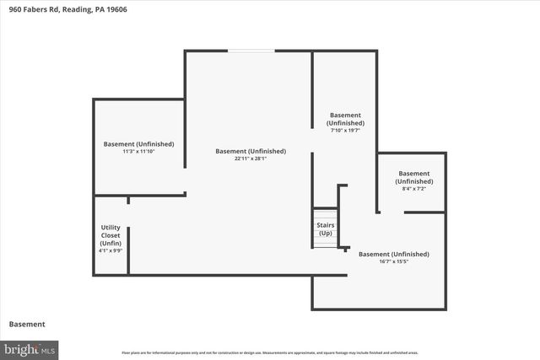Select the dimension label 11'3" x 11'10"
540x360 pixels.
(x=139, y=151)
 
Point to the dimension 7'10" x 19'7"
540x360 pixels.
(x=345, y=131)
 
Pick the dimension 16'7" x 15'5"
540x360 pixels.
(x=393, y=261)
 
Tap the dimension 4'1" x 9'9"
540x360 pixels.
(x=111, y=250)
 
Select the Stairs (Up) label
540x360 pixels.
(x=325, y=229)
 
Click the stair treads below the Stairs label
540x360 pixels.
(x=325, y=243)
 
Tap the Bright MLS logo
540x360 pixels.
(x=30, y=348)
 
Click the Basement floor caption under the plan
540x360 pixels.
(x=27, y=324)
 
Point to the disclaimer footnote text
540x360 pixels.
(x=269, y=352)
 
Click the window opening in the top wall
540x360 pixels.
(x=251, y=51)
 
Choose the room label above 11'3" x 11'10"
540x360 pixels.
(x=139, y=143)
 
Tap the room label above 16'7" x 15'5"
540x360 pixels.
(x=393, y=254)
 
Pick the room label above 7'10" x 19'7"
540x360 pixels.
(x=345, y=119)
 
